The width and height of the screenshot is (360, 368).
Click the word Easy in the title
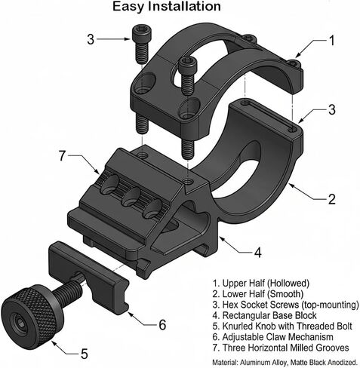tap(128, 7)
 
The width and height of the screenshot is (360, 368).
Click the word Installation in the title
tap(184, 6)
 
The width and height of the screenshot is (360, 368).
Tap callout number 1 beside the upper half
tap(332, 41)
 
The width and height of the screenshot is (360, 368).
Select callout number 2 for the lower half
tap(332, 199)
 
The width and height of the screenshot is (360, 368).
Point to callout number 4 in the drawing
tap(257, 253)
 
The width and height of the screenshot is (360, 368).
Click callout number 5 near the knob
tap(162, 324)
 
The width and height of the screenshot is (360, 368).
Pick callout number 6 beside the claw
tap(63, 155)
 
